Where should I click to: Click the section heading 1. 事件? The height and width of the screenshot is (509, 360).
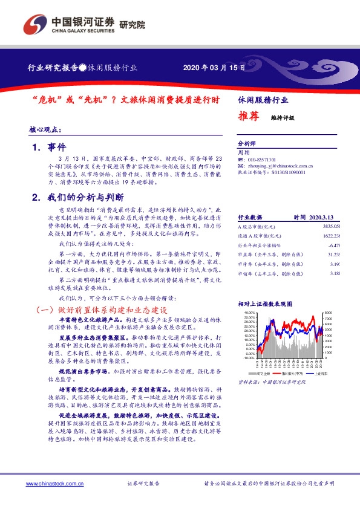(48, 146)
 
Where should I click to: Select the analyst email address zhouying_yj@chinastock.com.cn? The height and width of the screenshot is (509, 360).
(281, 165)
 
